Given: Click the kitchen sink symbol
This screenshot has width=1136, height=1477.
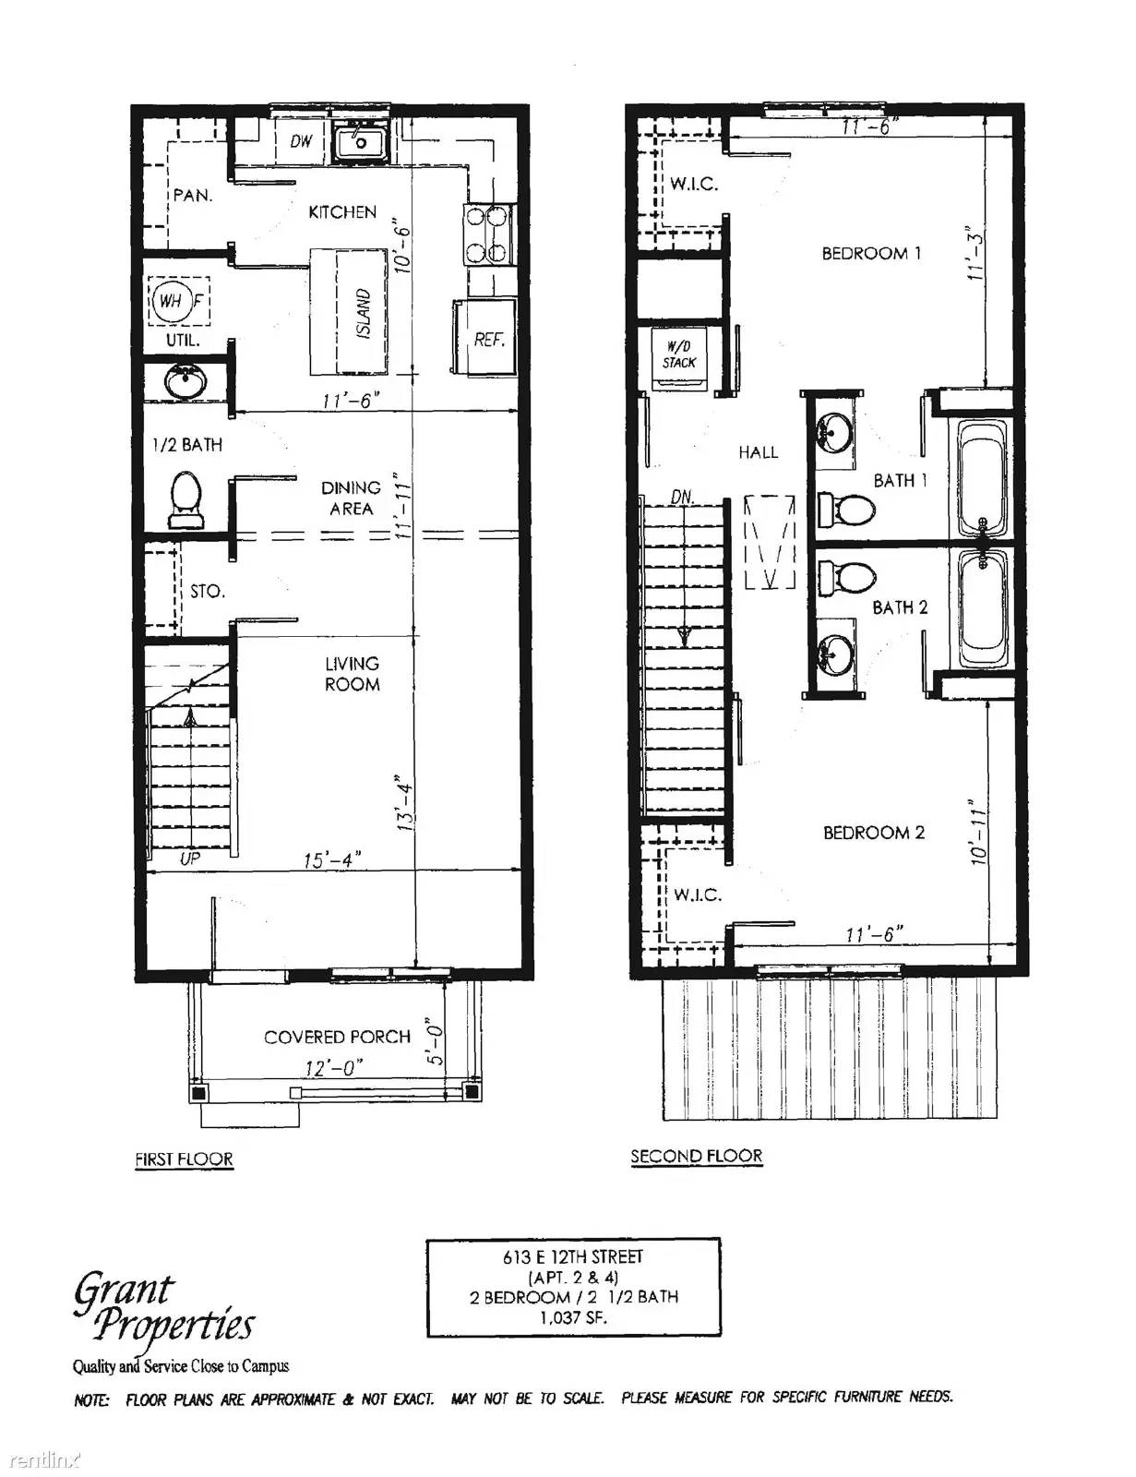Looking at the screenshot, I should pos(361,143).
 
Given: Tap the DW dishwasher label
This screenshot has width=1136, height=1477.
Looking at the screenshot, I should pos(301,141).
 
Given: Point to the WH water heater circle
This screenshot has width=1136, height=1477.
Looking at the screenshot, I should pos(171,301).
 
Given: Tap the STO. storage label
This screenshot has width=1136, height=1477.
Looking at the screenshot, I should pos(208,591).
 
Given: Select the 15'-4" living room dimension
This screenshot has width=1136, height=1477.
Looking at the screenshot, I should pos(331,860).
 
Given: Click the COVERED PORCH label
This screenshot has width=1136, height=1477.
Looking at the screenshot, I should pos(337,1037).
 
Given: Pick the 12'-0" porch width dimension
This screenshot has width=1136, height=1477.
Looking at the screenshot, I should pos(334,1068).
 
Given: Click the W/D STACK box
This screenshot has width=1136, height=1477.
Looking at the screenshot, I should pos(679,354).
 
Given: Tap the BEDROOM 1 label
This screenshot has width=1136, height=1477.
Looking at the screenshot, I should pos(871,253).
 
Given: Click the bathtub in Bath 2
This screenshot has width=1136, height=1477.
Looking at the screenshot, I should pos(985,610).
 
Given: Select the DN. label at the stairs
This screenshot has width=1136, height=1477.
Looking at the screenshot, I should pos(682,497).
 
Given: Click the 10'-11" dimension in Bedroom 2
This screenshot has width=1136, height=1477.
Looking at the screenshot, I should pos(980,833).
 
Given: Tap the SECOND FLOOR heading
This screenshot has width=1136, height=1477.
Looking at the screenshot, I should pos(696,1156).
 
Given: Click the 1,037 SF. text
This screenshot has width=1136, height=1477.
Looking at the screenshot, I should pos(573,1318).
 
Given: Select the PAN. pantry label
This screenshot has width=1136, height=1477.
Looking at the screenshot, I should pos(193,196).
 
